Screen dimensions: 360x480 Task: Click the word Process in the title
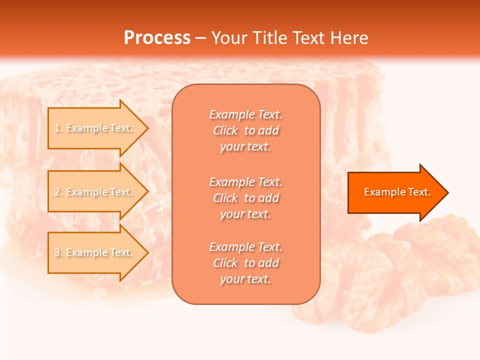(x=157, y=38)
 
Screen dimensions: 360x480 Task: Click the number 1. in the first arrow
(x=58, y=128)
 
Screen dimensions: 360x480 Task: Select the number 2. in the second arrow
(x=58, y=192)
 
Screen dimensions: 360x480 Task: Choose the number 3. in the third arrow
(x=58, y=252)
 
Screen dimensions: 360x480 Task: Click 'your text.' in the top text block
(x=245, y=147)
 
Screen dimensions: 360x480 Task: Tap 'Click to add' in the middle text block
(x=246, y=198)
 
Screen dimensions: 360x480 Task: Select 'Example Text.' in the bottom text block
(x=246, y=247)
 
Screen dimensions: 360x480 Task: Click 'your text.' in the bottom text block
(x=245, y=279)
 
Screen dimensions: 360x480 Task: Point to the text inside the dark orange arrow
(x=397, y=192)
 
